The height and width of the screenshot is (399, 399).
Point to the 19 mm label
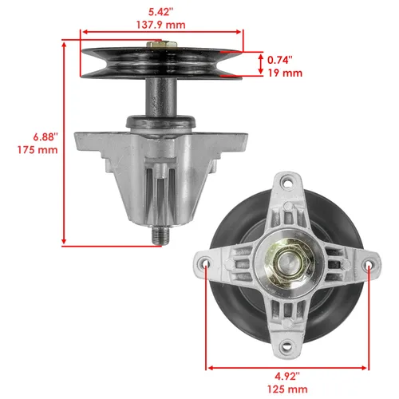click(284, 73)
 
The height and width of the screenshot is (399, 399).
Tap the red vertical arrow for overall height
click(63, 144)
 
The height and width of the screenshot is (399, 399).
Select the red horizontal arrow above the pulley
click(163, 35)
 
